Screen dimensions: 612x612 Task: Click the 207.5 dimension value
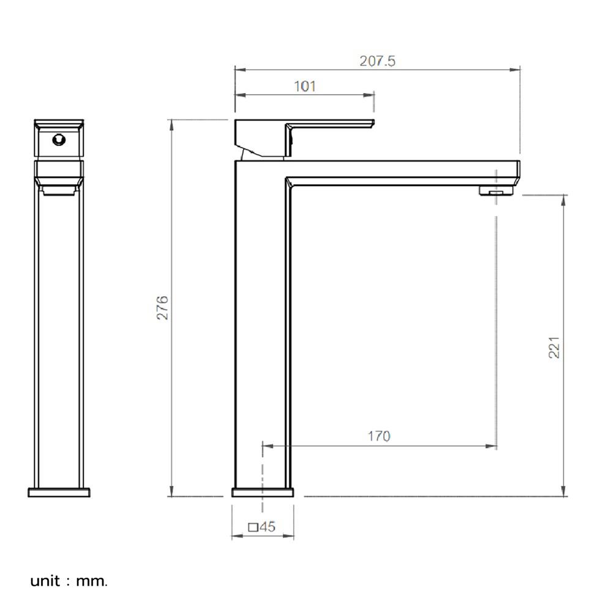tap(377, 61)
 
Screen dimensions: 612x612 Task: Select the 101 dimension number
tap(304, 86)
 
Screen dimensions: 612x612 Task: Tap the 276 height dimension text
tap(162, 308)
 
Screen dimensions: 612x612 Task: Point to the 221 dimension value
tap(554, 348)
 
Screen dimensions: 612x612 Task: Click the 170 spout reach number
tap(379, 436)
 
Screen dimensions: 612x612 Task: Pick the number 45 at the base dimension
tap(267, 526)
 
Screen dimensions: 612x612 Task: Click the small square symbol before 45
tap(253, 528)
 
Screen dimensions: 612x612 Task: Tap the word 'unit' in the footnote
tap(45, 581)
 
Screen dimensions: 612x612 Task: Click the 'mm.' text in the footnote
tap(92, 581)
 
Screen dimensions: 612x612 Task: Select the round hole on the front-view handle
tap(59, 140)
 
